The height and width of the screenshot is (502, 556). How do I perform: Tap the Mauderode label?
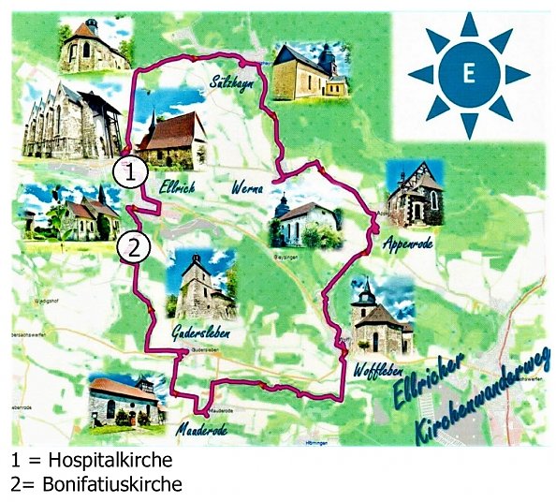click(x=200, y=430)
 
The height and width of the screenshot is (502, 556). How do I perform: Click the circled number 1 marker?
click(x=131, y=171)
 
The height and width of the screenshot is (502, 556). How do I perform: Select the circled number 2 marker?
click(x=135, y=247)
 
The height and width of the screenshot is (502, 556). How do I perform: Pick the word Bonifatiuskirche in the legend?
click(x=103, y=484)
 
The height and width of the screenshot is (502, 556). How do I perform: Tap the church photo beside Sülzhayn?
click(x=309, y=69)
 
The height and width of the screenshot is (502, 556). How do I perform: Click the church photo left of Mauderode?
click(x=126, y=399)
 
